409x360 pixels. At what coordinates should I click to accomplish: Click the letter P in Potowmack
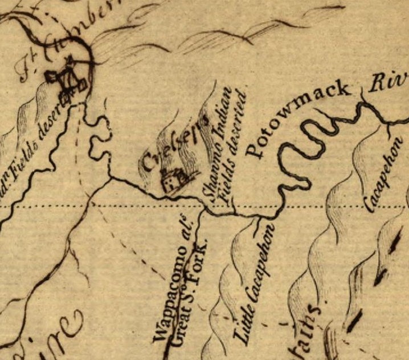click(255, 149)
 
